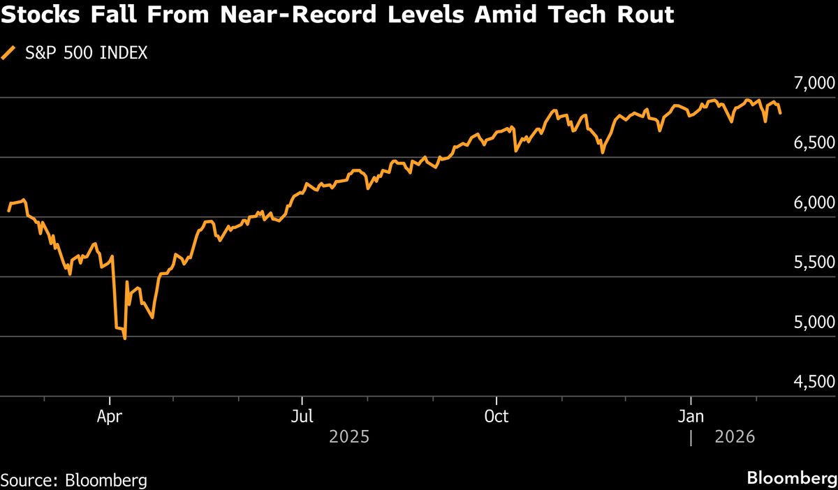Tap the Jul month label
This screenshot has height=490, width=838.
tap(302, 417)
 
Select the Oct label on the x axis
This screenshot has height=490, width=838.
tap(496, 417)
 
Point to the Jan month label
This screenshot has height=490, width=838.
tap(691, 417)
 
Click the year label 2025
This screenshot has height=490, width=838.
tap(348, 438)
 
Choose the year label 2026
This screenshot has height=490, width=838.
tap(735, 438)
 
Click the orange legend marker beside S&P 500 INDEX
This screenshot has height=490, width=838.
tap(9, 53)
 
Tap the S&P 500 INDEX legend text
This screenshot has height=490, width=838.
tap(86, 53)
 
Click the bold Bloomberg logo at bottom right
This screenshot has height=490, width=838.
tap(791, 479)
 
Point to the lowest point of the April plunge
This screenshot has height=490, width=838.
tap(124, 339)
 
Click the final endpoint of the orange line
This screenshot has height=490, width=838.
tap(781, 112)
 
